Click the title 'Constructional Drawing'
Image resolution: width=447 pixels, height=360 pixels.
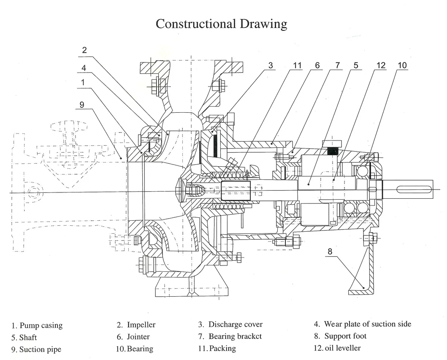coord(221,24)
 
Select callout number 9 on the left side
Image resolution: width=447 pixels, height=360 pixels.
coord(82,105)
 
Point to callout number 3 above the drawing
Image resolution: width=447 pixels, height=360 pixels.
coord(271,65)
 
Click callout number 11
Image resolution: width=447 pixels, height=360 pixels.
coord(298,65)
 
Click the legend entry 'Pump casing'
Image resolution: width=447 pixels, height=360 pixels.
coord(37,325)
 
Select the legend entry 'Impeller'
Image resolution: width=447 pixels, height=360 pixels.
coord(136,325)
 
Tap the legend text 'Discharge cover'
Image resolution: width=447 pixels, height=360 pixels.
coord(230,325)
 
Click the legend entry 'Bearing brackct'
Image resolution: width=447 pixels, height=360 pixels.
coord(230,336)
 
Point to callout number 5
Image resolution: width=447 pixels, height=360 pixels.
coord(356,65)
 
